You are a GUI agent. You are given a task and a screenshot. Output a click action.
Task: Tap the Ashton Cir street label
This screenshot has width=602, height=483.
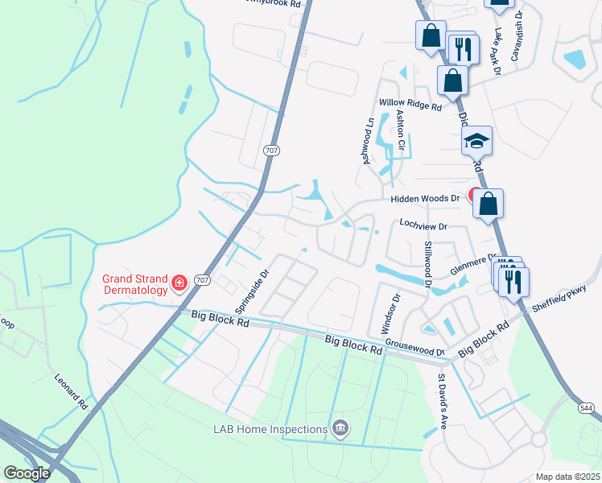[x=400, y=133]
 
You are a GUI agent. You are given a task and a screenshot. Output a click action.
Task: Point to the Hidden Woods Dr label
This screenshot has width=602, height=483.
[x=424, y=199]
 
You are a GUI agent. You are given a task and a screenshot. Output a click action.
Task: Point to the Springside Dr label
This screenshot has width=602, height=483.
[x=250, y=292]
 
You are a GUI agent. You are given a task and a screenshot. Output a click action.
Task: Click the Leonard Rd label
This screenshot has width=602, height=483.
[x=70, y=391]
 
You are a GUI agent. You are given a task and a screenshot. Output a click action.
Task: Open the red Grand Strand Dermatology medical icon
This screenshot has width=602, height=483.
[x=179, y=283]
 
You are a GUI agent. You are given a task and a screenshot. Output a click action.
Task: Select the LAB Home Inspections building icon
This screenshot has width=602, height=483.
[x=340, y=428]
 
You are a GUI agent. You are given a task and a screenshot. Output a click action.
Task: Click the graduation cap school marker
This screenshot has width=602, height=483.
[x=476, y=142]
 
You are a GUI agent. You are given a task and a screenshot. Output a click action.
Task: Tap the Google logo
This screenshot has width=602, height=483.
[x=27, y=473]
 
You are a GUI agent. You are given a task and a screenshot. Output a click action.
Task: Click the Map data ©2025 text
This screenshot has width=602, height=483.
[x=567, y=477]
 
